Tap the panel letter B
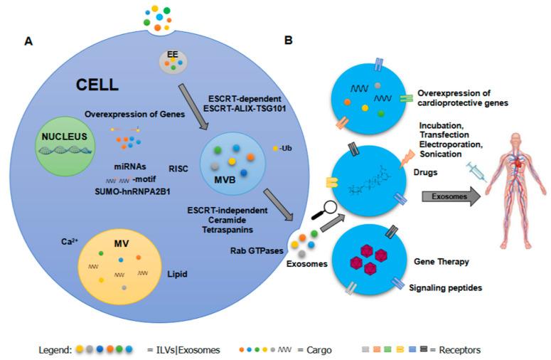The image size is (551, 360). coord(288,42)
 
